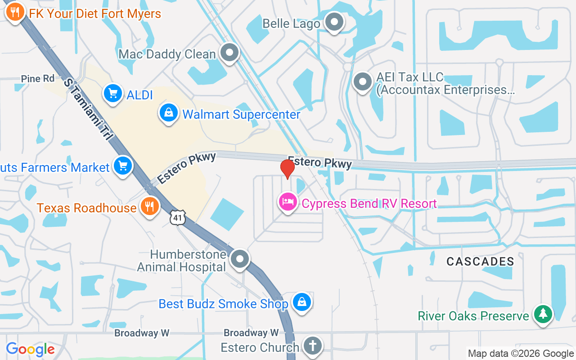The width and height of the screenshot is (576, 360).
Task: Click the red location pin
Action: (x=287, y=169)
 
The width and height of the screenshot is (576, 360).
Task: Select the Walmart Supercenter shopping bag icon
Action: (x=168, y=112)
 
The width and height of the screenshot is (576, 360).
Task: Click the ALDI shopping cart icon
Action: (x=112, y=94)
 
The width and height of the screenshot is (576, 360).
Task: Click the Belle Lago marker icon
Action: (x=334, y=22)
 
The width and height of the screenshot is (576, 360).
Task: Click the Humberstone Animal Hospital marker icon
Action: (x=240, y=259)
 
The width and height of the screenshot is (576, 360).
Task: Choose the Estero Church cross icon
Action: (x=311, y=346)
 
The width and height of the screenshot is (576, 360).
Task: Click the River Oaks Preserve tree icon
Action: (x=543, y=314)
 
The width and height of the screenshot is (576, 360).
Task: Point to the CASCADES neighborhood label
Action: (x=480, y=261)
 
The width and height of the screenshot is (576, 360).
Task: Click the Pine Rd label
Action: (x=38, y=79)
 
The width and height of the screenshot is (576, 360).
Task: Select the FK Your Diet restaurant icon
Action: (x=15, y=12)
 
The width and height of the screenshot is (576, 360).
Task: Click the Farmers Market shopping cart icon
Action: (x=123, y=166)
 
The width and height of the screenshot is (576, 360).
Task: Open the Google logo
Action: (x=30, y=349)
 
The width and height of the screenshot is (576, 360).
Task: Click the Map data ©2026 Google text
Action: (x=521, y=354)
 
